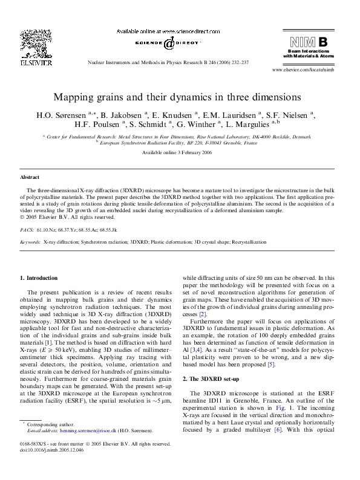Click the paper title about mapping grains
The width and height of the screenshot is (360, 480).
(x=177, y=97)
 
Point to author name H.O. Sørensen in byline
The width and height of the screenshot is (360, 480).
(x=68, y=114)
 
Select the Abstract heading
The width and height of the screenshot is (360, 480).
(x=30, y=177)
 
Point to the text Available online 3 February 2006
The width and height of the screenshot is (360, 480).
(x=177, y=152)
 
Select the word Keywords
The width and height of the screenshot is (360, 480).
(x=30, y=242)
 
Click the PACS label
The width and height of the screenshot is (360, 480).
(x=27, y=230)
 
